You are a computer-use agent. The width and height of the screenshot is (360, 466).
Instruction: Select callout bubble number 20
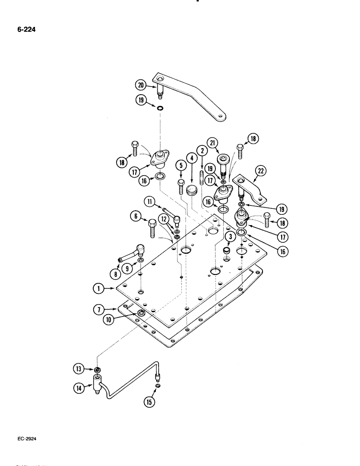point(141,85)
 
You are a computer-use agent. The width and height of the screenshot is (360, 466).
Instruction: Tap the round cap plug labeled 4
point(190,190)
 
